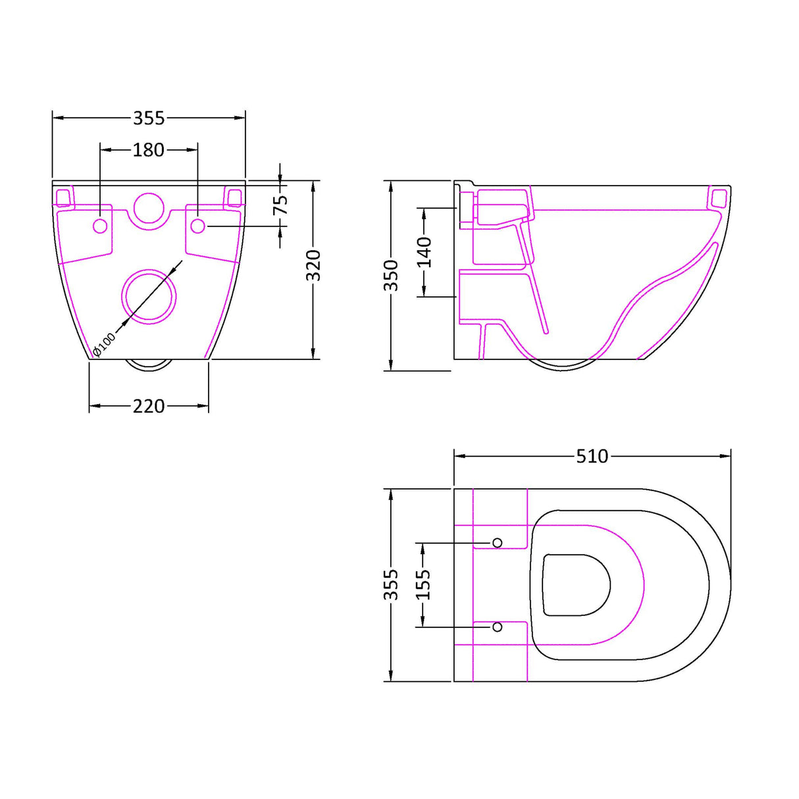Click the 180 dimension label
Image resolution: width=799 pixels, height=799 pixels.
click(x=148, y=150)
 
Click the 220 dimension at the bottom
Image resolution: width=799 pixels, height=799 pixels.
click(x=149, y=406)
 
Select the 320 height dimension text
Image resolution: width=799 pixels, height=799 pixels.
click(x=315, y=265)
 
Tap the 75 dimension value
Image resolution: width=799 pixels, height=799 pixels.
click(x=281, y=205)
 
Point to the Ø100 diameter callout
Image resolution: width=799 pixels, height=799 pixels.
click(x=104, y=344)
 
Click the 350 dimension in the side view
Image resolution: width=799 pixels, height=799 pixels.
click(x=391, y=275)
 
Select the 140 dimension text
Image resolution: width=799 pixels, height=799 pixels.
click(x=425, y=252)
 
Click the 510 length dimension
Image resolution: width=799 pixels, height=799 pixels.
click(x=592, y=456)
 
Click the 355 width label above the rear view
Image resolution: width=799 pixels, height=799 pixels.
click(x=149, y=118)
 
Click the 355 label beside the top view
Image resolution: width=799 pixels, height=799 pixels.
click(x=391, y=585)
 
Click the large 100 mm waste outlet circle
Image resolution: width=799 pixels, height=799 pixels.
click(x=149, y=296)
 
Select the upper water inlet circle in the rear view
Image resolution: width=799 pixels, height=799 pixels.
click(x=149, y=207)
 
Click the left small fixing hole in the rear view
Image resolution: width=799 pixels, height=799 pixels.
click(x=100, y=226)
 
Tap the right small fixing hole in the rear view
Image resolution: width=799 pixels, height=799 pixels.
click(x=197, y=226)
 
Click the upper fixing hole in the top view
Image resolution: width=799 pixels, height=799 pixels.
click(x=498, y=542)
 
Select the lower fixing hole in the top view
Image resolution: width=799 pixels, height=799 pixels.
click(x=498, y=627)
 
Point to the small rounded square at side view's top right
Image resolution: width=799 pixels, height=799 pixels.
click(x=719, y=197)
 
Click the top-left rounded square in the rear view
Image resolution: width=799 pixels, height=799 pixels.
click(x=64, y=197)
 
